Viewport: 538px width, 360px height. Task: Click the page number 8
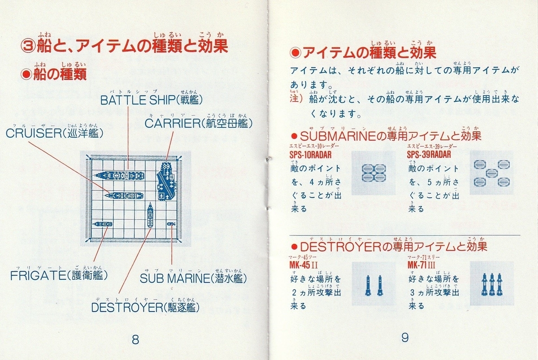pyautogui.click(x=135, y=339)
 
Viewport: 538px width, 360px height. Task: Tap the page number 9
pyautogui.click(x=405, y=338)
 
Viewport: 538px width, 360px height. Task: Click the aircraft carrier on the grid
pyautogui.click(x=166, y=181)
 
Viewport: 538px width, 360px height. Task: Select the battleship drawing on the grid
pyautogui.click(x=119, y=176)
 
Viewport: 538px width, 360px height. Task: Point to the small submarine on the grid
pyautogui.click(x=171, y=224)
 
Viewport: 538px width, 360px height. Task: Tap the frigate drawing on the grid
pyautogui.click(x=103, y=224)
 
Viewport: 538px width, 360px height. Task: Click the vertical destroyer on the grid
pyautogui.click(x=150, y=215)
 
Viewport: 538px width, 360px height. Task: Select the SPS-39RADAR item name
pyautogui.click(x=429, y=155)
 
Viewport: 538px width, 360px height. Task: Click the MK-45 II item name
pyautogui.click(x=304, y=265)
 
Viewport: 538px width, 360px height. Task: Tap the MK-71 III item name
pyautogui.click(x=421, y=265)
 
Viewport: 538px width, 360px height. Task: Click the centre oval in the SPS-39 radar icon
pyautogui.click(x=492, y=173)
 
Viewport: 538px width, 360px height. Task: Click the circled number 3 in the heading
pyautogui.click(x=28, y=46)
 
